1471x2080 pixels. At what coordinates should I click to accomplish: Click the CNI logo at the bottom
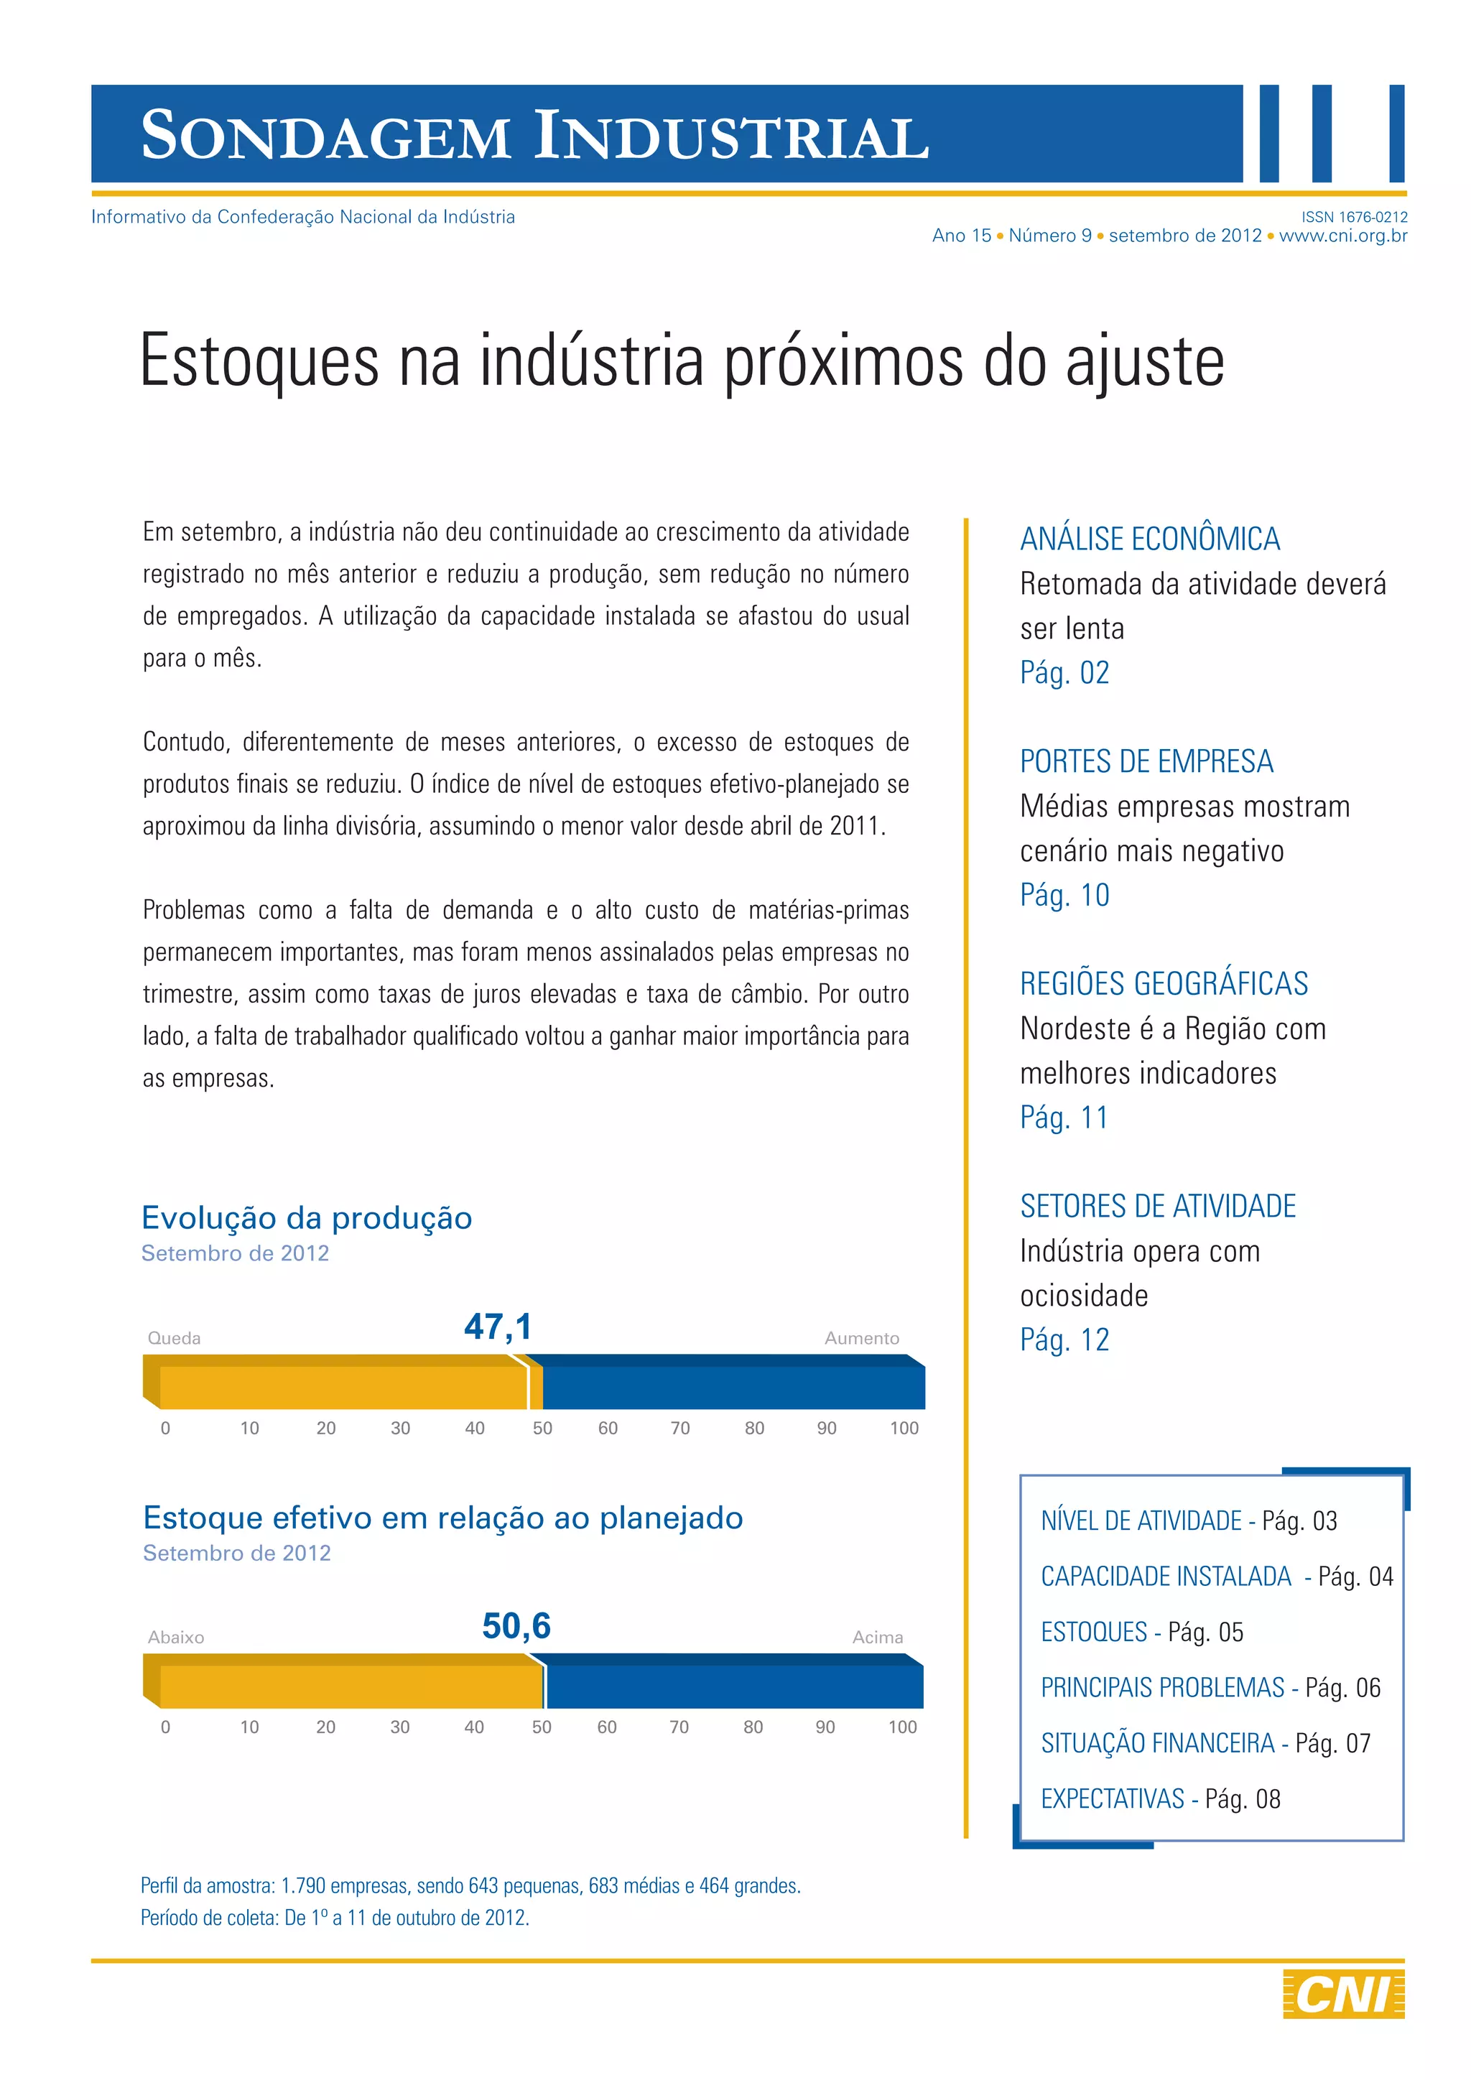(x=1343, y=1994)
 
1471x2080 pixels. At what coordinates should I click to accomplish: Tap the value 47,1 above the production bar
(x=498, y=1327)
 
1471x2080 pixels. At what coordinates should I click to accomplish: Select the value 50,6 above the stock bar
(x=516, y=1626)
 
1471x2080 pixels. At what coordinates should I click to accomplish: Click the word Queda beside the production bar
(x=174, y=1338)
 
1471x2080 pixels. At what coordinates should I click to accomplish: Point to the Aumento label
(x=861, y=1338)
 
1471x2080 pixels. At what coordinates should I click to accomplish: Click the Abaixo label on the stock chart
(x=176, y=1637)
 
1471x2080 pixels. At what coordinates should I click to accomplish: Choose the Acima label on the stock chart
(x=877, y=1637)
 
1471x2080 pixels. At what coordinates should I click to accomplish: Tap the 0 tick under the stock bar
(x=165, y=1727)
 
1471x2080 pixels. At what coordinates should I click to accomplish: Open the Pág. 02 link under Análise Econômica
(x=1064, y=673)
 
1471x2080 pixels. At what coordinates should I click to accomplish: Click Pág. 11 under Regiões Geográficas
(x=1064, y=1118)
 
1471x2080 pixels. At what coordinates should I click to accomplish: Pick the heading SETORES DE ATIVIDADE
(x=1158, y=1207)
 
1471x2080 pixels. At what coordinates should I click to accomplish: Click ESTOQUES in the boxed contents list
(x=1094, y=1633)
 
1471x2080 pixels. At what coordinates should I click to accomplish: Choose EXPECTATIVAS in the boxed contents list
(x=1113, y=1799)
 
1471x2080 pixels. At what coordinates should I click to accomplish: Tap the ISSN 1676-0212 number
(x=1354, y=218)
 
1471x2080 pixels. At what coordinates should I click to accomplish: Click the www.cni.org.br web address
(x=1342, y=236)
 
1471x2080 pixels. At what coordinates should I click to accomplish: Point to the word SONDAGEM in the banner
(x=326, y=136)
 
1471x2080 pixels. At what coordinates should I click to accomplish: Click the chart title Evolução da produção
(x=307, y=1218)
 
